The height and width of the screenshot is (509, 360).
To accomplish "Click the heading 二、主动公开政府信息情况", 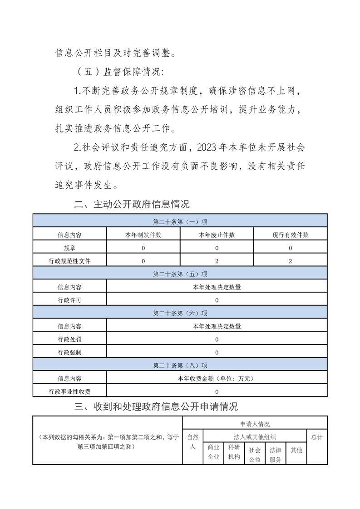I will point(132,204).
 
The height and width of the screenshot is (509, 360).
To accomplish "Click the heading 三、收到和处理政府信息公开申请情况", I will point(156,406).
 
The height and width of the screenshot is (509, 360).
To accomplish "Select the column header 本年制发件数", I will point(143,235).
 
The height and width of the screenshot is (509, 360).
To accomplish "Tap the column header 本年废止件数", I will point(217,235).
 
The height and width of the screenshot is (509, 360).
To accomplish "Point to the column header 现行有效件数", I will point(290,235).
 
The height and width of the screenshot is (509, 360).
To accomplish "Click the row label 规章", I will point(69,248).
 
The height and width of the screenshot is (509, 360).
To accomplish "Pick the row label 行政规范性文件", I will point(69,261).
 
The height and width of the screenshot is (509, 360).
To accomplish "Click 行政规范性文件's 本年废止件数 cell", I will point(217,261).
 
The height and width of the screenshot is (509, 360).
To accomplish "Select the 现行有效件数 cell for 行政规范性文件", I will point(290,261).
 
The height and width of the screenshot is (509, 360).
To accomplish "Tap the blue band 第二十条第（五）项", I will point(180,274).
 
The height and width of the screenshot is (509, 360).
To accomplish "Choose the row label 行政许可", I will point(69,300).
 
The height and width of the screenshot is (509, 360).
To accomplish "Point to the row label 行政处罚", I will point(69,339).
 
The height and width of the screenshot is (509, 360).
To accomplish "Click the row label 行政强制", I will point(69,352).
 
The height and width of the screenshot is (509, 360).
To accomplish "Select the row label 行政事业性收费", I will point(69,392).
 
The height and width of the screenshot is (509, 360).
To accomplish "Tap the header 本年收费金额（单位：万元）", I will point(217,378).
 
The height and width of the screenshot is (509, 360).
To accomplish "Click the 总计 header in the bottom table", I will point(317,437).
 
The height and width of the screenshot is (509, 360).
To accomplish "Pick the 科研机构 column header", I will point(234,452).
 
